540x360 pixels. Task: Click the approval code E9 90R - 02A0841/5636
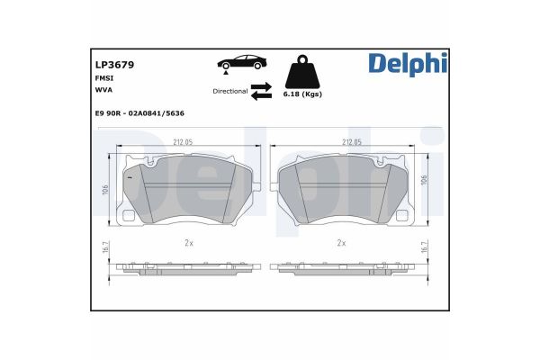(139, 112)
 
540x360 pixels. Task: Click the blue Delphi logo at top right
(406, 64)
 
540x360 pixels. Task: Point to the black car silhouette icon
(241, 62)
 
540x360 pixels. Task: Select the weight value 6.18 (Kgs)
(302, 94)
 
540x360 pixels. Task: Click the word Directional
(229, 91)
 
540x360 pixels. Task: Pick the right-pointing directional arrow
(261, 86)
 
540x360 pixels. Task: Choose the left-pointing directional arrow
(261, 96)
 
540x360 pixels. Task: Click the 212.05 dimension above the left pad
(183, 142)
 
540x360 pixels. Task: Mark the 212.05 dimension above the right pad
(352, 142)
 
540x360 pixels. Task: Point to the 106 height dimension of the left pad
(105, 191)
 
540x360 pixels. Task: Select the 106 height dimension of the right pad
(424, 180)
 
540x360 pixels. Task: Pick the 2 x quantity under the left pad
(189, 243)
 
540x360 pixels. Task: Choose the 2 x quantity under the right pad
(341, 243)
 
